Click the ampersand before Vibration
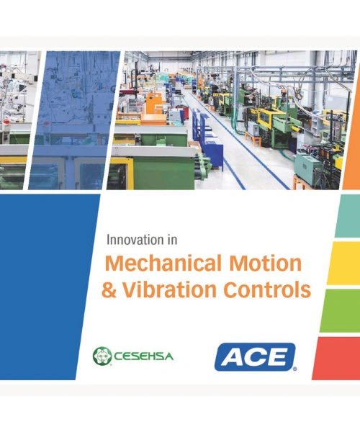tap(110, 289)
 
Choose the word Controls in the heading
tap(261, 289)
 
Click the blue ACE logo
tap(255, 356)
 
